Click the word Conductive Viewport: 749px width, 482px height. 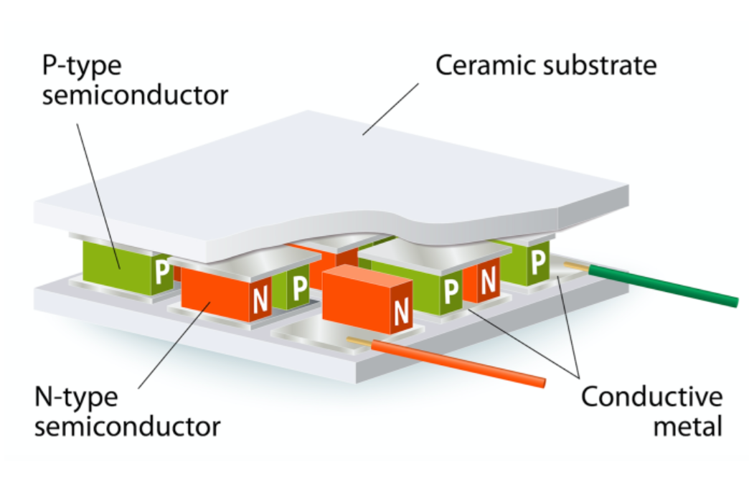(651, 397)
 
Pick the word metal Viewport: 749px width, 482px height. (687, 427)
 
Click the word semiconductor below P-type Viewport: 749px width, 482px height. (135, 95)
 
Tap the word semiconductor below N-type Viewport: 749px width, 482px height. (128, 427)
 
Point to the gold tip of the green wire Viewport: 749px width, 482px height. (575, 267)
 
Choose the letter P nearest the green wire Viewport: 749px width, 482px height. (538, 260)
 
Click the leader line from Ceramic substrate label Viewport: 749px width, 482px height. (391, 108)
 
